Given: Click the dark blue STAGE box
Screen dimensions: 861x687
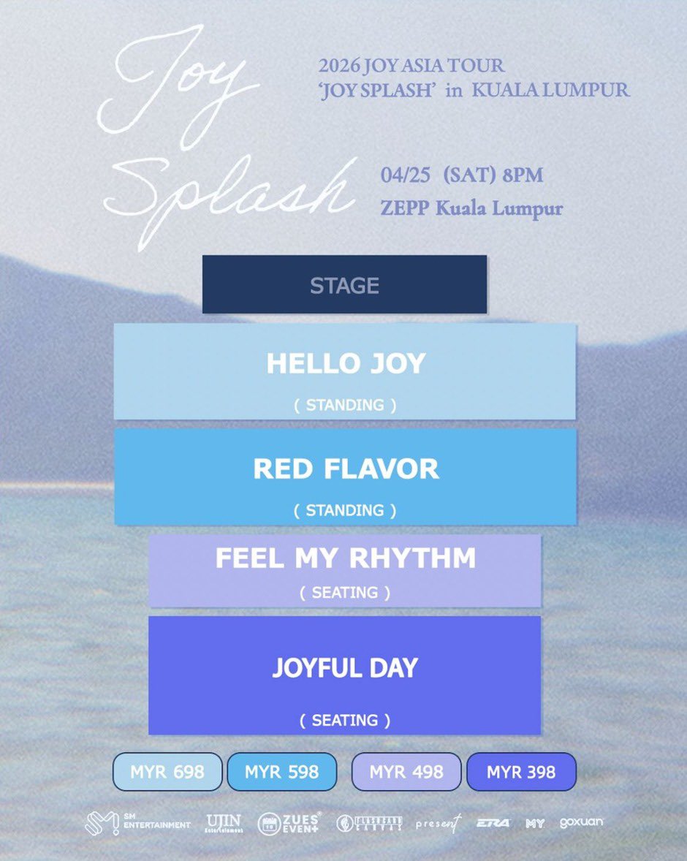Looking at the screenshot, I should (x=344, y=284).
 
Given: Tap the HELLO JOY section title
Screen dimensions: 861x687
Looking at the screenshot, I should (x=345, y=364).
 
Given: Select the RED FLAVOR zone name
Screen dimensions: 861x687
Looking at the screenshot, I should (x=346, y=469).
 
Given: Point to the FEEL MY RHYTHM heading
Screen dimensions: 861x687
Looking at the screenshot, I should (x=345, y=558).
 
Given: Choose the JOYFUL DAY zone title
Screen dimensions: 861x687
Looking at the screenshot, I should (x=345, y=668).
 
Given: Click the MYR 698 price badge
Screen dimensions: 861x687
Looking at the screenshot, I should (x=167, y=772).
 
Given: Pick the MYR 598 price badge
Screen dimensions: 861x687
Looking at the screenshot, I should (x=282, y=772).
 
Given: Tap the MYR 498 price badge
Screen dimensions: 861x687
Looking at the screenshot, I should (x=406, y=772).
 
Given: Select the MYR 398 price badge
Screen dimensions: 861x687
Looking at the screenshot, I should (x=521, y=772).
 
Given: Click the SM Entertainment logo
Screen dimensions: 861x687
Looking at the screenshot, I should (x=137, y=824).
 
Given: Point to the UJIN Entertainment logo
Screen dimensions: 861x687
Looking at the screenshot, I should (x=224, y=824).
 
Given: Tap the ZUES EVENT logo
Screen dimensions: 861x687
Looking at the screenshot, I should (x=288, y=824).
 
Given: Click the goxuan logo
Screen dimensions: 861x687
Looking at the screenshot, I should (x=582, y=822).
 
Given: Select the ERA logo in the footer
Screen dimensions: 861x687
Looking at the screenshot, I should (x=493, y=824).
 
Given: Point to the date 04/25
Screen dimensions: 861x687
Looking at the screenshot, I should (x=401, y=175).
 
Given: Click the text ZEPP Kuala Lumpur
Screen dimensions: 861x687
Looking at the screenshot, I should (x=471, y=208).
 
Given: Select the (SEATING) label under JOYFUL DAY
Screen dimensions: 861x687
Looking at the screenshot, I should (x=345, y=720).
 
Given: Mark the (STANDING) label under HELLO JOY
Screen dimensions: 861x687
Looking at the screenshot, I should (x=345, y=405).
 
